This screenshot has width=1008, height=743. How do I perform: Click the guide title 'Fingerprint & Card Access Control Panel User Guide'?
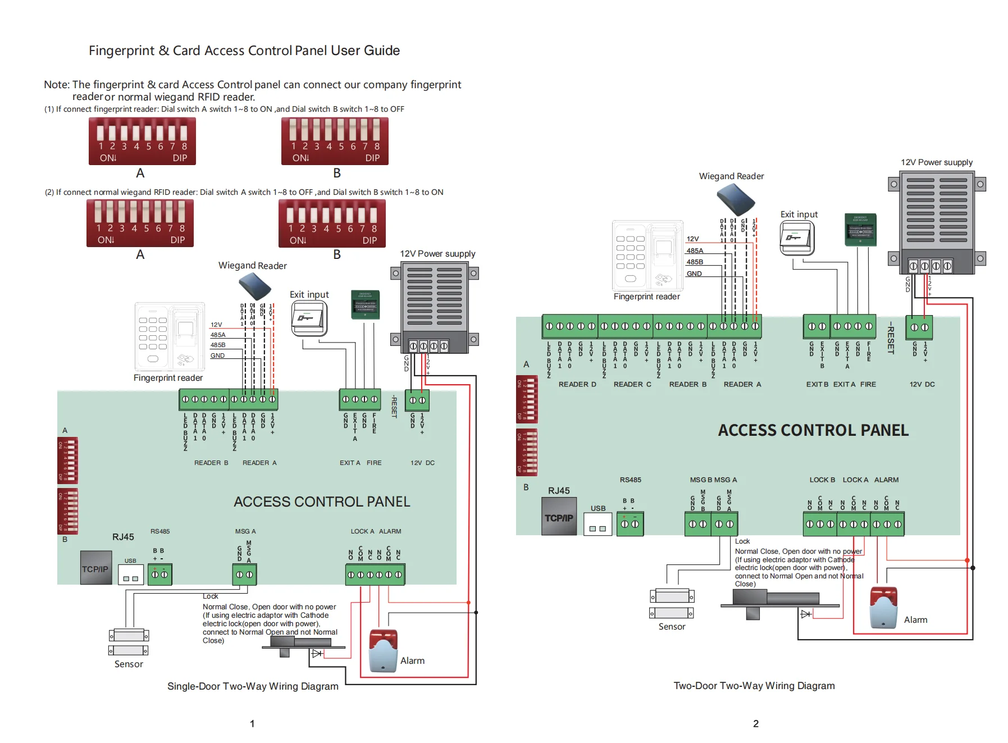(x=244, y=51)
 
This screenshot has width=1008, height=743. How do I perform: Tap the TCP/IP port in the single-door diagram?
(x=95, y=568)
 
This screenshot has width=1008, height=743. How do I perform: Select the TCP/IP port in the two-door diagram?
(x=559, y=518)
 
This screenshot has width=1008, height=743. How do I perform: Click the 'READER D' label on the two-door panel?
(x=577, y=384)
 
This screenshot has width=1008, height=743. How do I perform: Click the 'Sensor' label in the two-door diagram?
(x=672, y=626)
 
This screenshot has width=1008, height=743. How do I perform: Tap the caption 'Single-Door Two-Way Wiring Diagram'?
(x=253, y=686)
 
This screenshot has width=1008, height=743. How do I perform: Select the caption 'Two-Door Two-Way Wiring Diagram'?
(x=754, y=685)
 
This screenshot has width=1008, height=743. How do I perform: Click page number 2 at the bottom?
(x=755, y=723)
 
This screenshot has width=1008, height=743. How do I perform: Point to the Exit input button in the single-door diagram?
(x=309, y=318)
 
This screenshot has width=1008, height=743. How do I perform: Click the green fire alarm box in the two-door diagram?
(x=860, y=229)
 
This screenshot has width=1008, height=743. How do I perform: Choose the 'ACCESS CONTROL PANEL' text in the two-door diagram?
(x=813, y=430)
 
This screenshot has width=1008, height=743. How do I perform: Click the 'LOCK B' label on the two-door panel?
(x=822, y=480)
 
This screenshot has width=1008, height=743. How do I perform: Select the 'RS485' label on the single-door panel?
(x=160, y=531)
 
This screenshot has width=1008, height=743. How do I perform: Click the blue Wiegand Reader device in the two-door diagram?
(x=736, y=199)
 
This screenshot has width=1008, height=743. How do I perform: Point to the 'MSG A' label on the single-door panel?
(x=245, y=531)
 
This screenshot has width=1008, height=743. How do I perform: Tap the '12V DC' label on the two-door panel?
(x=922, y=384)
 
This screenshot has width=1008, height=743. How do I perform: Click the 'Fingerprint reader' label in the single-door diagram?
(x=168, y=377)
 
